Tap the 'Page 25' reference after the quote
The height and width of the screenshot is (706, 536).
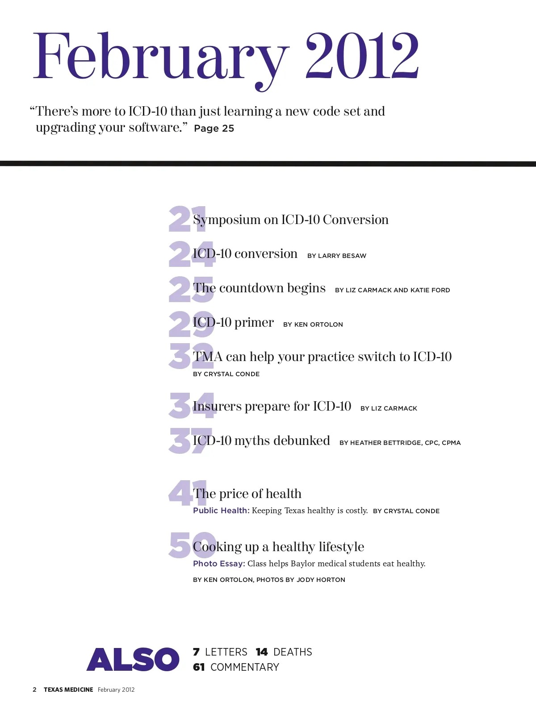point(214,129)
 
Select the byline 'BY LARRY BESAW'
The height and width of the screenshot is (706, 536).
point(337,256)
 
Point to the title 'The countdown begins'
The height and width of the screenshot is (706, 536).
point(259,288)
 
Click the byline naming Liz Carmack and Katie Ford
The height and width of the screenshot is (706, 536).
point(393,290)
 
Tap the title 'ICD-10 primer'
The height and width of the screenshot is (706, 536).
point(233,323)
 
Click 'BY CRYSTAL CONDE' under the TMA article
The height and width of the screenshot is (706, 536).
point(226,374)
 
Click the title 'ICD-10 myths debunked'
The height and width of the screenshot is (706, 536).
point(261,441)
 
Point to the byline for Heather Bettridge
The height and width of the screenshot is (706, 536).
point(400,443)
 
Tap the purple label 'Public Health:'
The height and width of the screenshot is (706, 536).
point(221,511)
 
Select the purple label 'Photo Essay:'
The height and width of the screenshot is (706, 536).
point(219,564)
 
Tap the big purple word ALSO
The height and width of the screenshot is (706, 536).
point(133,660)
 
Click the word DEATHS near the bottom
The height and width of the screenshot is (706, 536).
point(293,652)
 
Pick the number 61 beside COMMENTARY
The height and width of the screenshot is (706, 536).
point(199,667)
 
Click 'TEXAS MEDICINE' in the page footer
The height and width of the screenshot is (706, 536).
point(68,689)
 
